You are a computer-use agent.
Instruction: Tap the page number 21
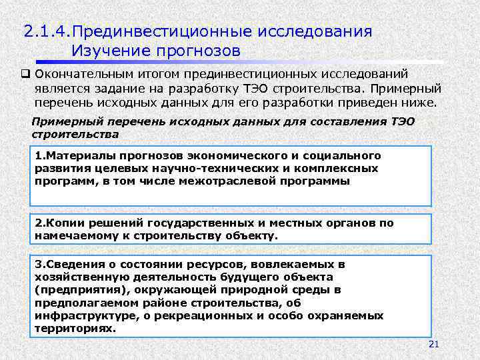[x=433, y=344]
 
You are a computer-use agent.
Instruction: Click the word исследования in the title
[x=315, y=32]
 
